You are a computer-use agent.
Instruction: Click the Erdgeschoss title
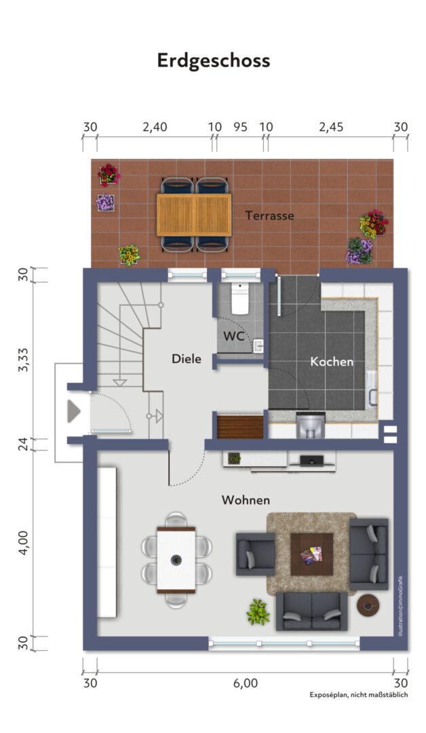214,61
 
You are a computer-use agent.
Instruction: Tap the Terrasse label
269,216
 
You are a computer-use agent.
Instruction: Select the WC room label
233,336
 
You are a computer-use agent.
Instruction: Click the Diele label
187,358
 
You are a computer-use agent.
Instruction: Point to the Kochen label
332,361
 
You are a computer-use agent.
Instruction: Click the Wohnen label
246,500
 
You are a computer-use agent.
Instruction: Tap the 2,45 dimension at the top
331,127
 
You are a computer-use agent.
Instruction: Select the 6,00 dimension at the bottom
246,683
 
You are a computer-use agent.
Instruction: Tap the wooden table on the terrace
194,215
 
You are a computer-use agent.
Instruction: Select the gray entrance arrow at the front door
74,411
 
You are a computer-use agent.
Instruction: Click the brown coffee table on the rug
311,555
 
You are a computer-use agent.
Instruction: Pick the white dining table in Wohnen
176,559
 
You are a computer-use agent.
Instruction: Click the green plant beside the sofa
258,612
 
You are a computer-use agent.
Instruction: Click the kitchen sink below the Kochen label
311,424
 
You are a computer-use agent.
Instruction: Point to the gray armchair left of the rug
255,554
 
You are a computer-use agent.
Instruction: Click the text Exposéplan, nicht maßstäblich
359,695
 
